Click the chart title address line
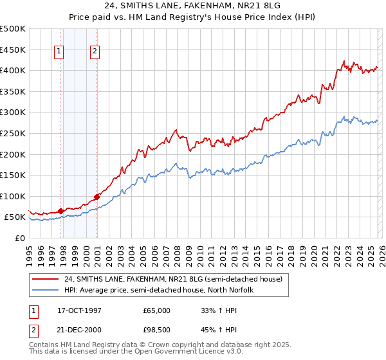[x=193, y=7]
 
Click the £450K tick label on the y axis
[x=13, y=50]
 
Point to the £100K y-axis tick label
[x=13, y=196]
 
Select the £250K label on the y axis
[x=13, y=133]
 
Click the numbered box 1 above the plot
[x=59, y=52]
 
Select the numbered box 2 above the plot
[x=95, y=52]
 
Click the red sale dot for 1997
[x=60, y=210]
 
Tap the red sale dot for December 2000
[x=96, y=196]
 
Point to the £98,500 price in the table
[x=156, y=330]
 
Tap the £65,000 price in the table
[x=156, y=310]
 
